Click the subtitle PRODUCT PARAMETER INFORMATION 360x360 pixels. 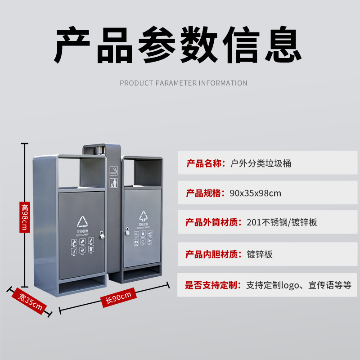click(x=183, y=83)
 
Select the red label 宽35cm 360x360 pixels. click(x=31, y=301)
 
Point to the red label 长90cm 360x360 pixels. click(x=118, y=298)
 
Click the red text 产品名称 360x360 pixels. click(x=205, y=163)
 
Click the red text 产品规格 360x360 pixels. click(x=205, y=193)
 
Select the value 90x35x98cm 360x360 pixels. click(x=255, y=193)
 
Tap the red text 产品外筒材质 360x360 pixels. click(x=213, y=222)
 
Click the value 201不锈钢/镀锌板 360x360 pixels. click(x=283, y=222)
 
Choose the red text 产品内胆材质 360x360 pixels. click(x=213, y=254)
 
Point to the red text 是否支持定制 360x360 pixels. click(x=213, y=285)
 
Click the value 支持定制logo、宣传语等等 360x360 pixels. click(x=298, y=285)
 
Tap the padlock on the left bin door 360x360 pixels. click(x=103, y=235)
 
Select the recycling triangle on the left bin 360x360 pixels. click(x=83, y=222)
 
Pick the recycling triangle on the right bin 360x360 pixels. click(x=143, y=216)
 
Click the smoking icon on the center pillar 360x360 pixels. click(x=114, y=171)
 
